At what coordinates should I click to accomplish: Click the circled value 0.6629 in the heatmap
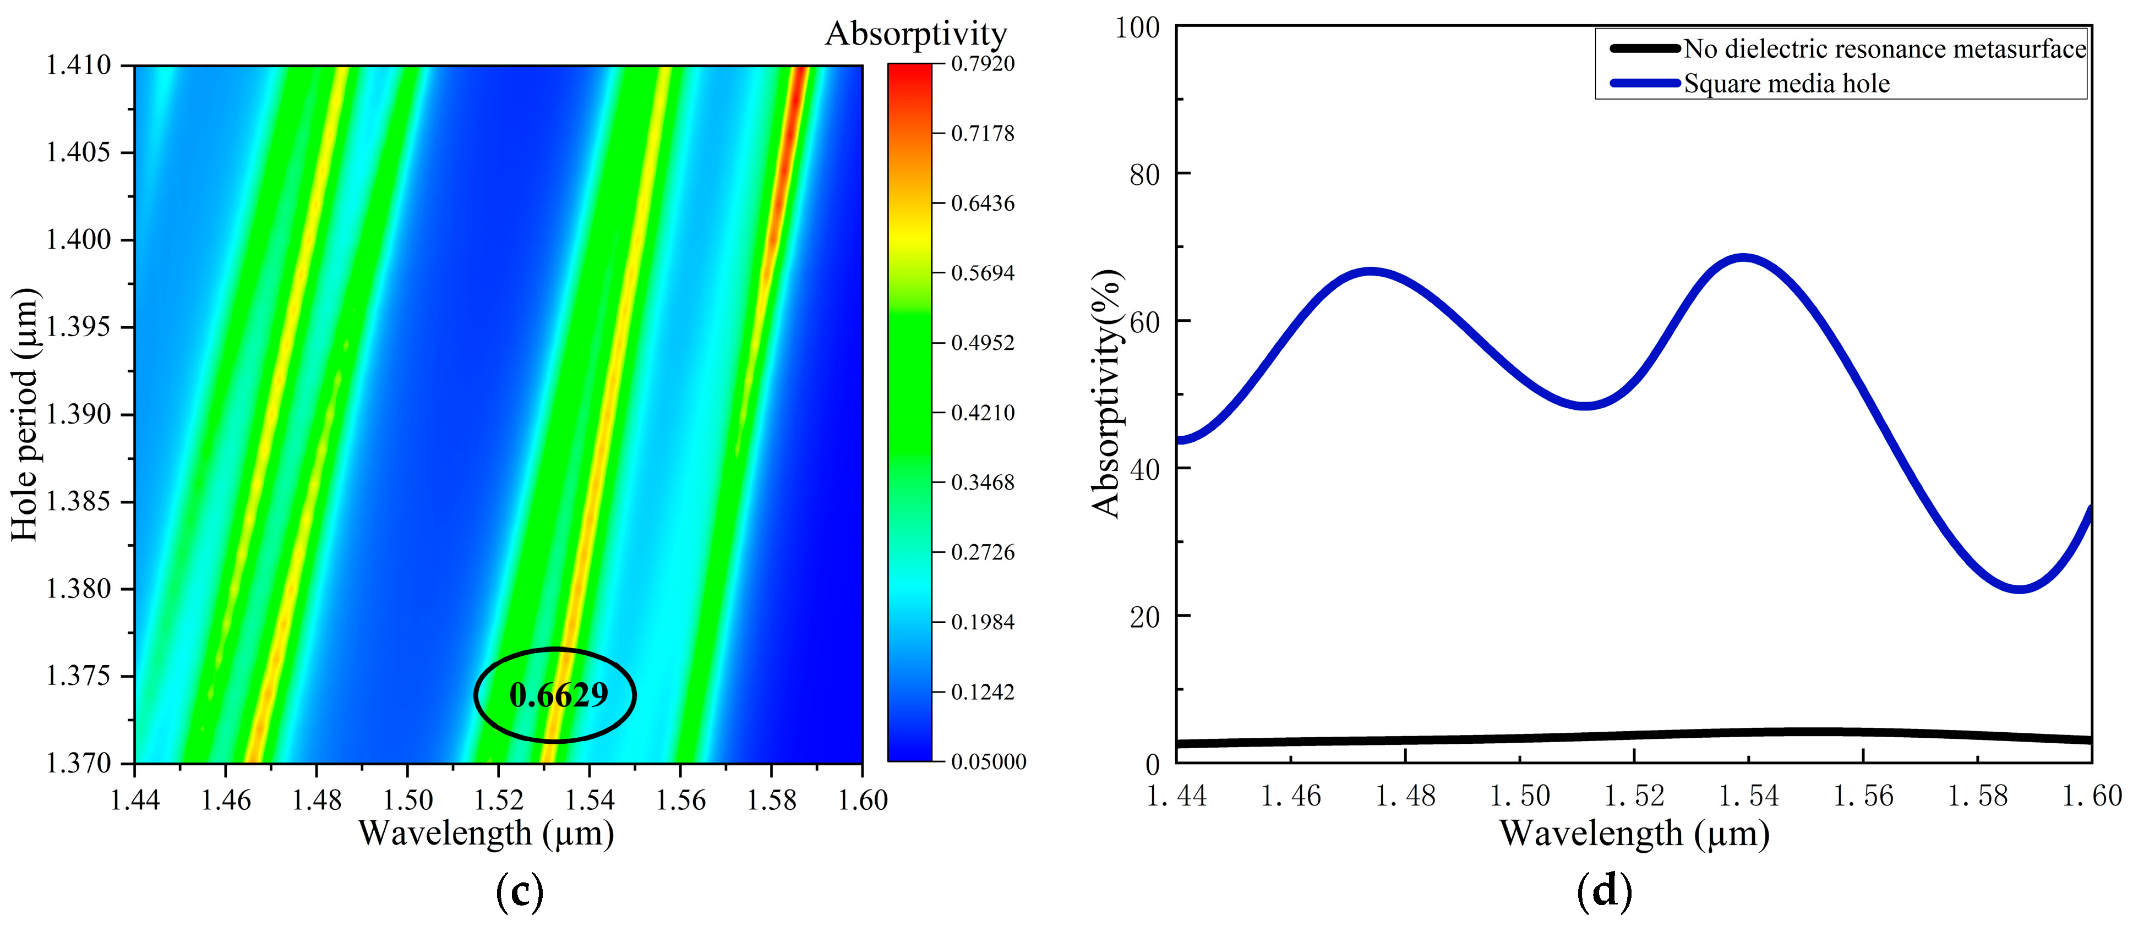tap(558, 695)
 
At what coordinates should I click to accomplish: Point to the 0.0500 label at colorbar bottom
tap(988, 761)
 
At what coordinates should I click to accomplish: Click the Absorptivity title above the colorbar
tap(916, 33)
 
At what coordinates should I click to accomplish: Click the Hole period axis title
tap(25, 414)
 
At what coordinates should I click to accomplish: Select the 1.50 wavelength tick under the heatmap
tap(407, 799)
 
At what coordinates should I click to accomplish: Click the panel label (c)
tap(519, 892)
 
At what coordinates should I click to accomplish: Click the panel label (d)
tap(1604, 892)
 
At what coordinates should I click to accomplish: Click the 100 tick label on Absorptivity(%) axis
tap(1137, 28)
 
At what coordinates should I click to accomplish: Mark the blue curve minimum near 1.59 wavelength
tap(2020, 589)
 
